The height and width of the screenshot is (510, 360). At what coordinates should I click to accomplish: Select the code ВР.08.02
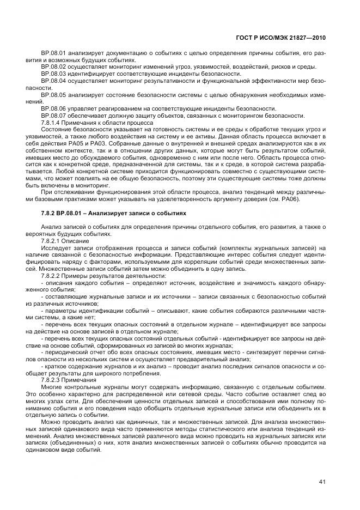tap(53, 66)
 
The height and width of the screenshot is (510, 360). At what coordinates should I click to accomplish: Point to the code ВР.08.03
tap(53, 74)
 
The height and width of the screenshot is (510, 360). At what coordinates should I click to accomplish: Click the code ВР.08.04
tap(53, 81)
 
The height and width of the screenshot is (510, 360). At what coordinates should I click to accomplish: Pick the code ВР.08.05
tap(53, 94)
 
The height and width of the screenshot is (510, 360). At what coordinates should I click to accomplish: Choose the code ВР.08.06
tap(53, 108)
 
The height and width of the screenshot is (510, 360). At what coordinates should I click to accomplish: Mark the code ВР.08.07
tap(53, 116)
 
